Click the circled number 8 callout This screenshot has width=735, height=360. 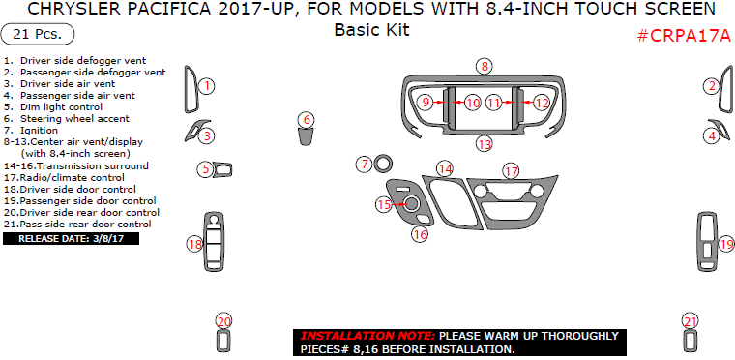point(485,66)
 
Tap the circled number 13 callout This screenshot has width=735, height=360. point(484,143)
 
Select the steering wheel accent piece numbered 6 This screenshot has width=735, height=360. point(306,133)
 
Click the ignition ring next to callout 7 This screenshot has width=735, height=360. point(383,164)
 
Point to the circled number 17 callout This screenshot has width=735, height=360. point(510,170)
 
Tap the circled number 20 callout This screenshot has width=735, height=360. point(224,321)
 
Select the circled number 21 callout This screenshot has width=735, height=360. point(690,321)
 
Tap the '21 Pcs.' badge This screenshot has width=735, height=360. point(39,35)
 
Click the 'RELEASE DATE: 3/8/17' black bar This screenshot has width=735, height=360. point(72,237)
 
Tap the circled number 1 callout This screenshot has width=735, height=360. point(206,86)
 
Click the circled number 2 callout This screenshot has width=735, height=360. point(711,86)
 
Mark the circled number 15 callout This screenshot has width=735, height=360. point(384,204)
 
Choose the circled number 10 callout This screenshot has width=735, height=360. point(472,102)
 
